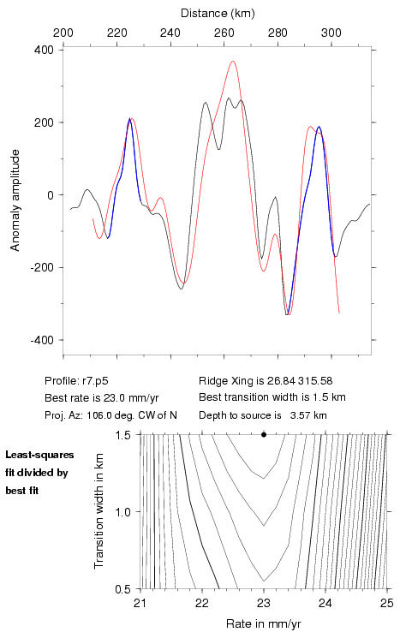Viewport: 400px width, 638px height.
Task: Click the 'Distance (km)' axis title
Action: click(x=218, y=14)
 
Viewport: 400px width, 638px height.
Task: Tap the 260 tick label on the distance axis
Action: click(x=224, y=33)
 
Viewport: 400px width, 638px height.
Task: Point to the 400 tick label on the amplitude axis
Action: click(x=45, y=50)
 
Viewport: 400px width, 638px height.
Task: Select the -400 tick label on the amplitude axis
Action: click(x=42, y=340)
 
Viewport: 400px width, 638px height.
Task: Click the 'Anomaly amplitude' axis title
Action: click(x=15, y=200)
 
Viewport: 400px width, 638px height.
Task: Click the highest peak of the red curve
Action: click(x=233, y=62)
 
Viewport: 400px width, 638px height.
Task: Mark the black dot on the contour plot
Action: click(x=264, y=434)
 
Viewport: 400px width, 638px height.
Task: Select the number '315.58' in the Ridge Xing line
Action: click(x=315, y=381)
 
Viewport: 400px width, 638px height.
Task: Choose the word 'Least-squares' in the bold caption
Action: click(x=39, y=455)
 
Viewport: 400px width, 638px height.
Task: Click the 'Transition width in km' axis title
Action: click(x=99, y=511)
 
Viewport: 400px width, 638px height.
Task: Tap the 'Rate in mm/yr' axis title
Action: click(x=264, y=623)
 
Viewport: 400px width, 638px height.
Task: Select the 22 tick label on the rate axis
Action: click(x=202, y=603)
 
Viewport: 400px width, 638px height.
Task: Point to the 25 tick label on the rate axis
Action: click(x=387, y=603)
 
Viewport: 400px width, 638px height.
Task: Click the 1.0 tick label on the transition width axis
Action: click(x=122, y=512)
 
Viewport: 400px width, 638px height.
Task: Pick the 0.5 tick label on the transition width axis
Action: click(x=122, y=589)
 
